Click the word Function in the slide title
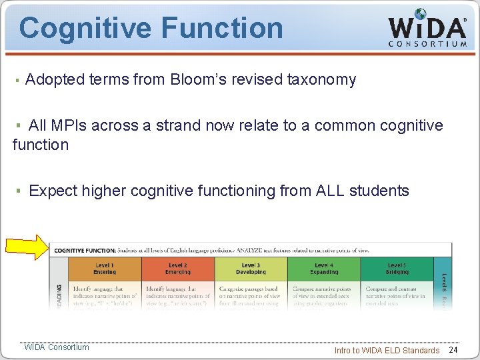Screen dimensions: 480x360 pyautogui.click(x=222, y=29)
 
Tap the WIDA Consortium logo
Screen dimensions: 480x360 pyautogui.click(x=427, y=27)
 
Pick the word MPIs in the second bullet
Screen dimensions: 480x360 pyautogui.click(x=71, y=125)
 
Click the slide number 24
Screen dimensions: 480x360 pyautogui.click(x=453, y=350)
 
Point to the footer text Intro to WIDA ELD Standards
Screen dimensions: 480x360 pyautogui.click(x=387, y=350)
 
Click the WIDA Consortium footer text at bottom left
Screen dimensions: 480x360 pyautogui.click(x=57, y=347)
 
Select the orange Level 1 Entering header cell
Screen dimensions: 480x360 pyautogui.click(x=105, y=269)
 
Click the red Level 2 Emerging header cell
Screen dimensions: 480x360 pyautogui.click(x=178, y=269)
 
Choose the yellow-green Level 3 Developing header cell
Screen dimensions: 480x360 pyautogui.click(x=251, y=269)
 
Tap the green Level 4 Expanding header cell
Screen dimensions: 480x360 pyautogui.click(x=324, y=269)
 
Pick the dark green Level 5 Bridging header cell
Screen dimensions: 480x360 pyautogui.click(x=397, y=269)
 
